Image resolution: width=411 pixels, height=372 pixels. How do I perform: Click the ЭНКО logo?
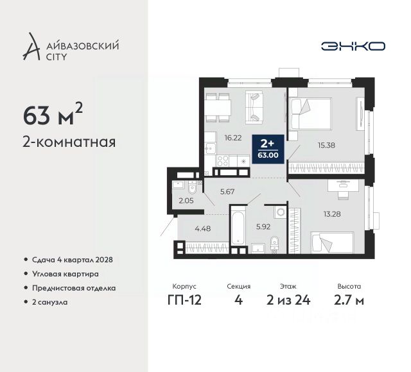click(353, 46)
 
